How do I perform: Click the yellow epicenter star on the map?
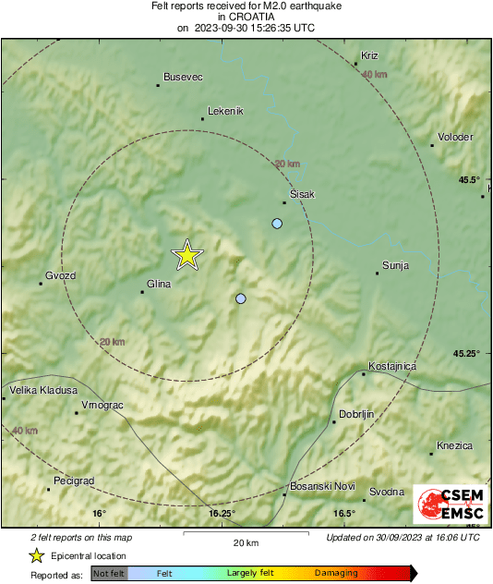(187, 255)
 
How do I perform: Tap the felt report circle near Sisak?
(277, 224)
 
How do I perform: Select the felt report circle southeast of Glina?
(241, 298)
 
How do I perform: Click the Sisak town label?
(303, 194)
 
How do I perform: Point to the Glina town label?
(160, 285)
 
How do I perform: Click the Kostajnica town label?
(392, 366)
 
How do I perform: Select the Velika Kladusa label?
(43, 391)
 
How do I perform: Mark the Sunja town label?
(395, 265)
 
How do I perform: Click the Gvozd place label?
(60, 275)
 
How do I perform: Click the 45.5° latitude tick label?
(470, 179)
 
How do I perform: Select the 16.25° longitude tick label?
(222, 514)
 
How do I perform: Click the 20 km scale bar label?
(245, 542)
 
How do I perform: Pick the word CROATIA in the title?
(246, 17)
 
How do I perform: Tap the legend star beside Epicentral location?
(37, 555)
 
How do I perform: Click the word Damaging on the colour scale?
(336, 573)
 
